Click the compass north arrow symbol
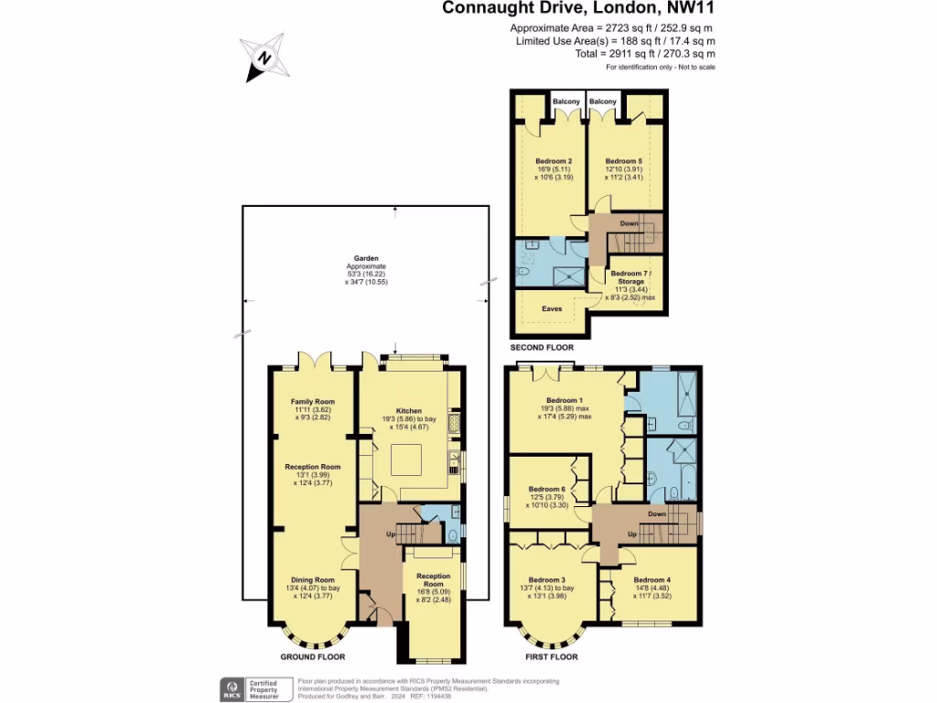264,58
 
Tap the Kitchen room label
408,411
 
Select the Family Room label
313,402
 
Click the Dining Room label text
313,580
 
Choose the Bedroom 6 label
547,489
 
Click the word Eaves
552,309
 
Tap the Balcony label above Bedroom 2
566,102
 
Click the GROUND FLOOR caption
313,657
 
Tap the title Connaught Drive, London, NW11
579,9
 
